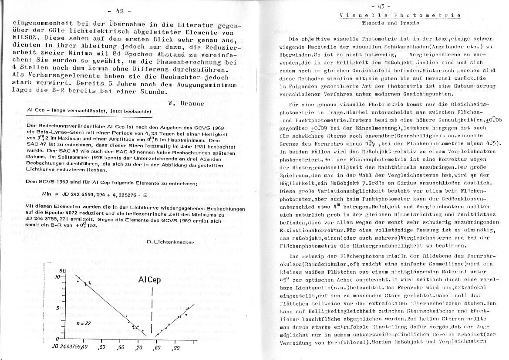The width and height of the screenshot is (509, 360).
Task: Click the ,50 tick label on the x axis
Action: pos(102,348)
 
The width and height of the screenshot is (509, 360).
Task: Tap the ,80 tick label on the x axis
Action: pos(157,348)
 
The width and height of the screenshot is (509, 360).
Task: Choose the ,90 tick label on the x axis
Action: pos(176,348)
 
